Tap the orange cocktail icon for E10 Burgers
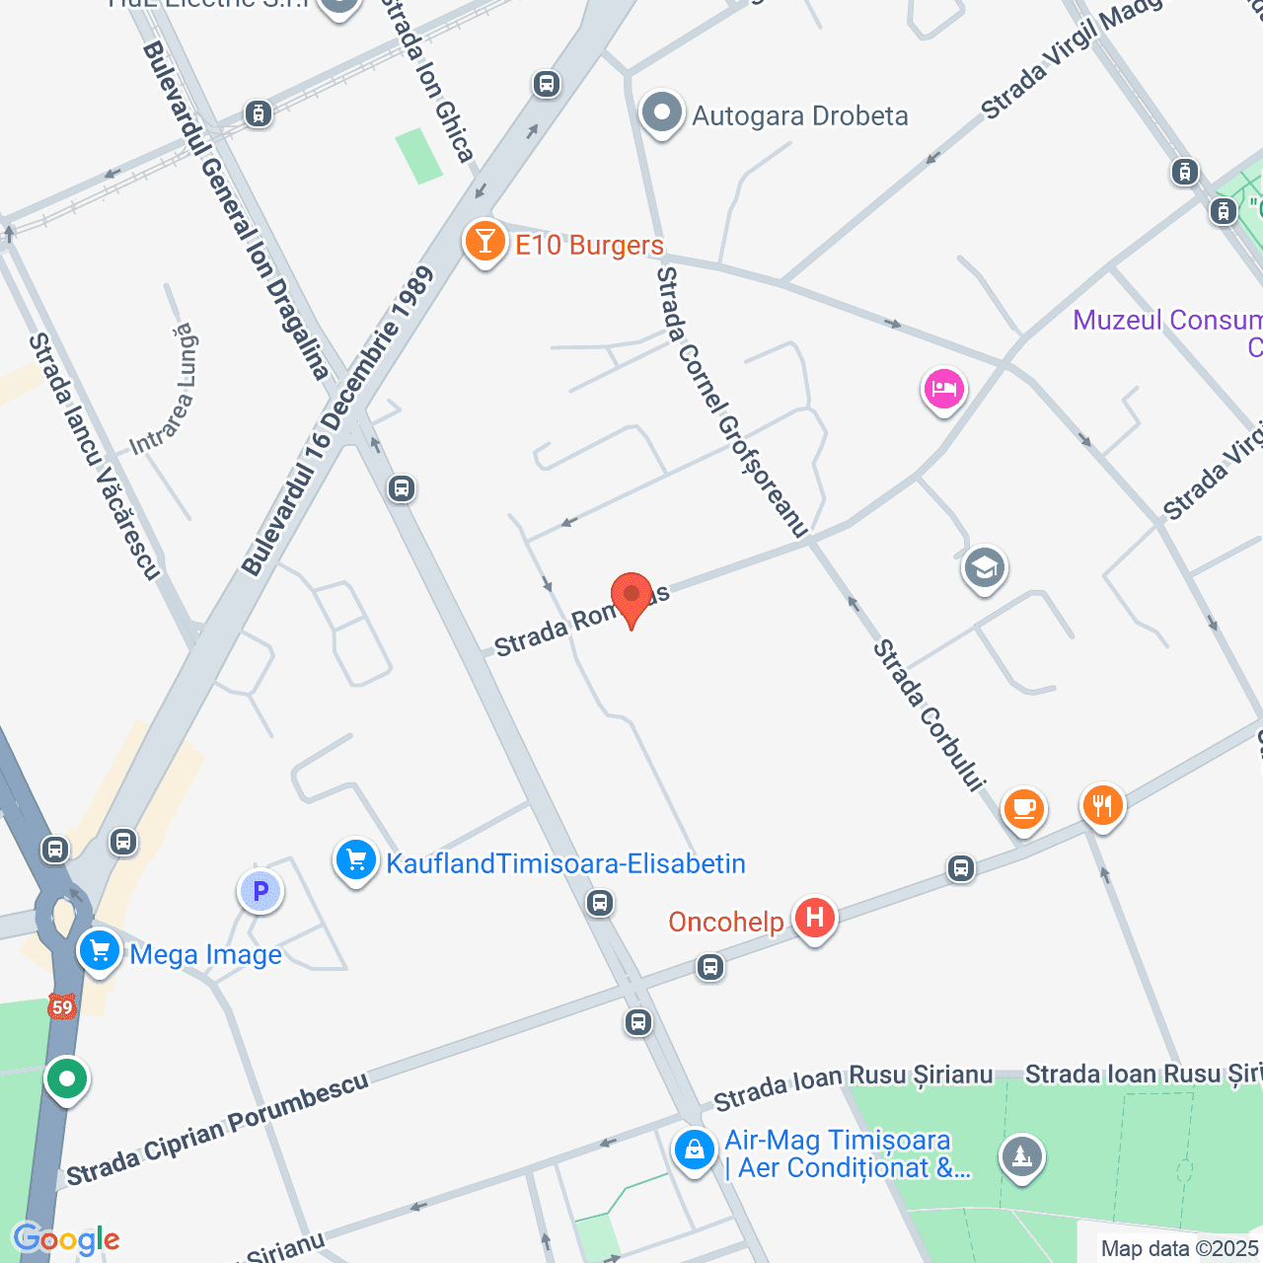484,241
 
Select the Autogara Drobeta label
799,116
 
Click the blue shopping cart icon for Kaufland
355,860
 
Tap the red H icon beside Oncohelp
815,919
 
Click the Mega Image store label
205,955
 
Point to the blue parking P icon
260,892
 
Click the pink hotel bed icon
944,389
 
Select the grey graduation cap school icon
984,568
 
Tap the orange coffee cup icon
1023,809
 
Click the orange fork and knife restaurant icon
1102,806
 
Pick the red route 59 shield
62,1006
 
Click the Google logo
66,1239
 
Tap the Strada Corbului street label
929,715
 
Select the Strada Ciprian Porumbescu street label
217,1128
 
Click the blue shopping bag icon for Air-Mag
695,1151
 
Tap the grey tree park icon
1021,1156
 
